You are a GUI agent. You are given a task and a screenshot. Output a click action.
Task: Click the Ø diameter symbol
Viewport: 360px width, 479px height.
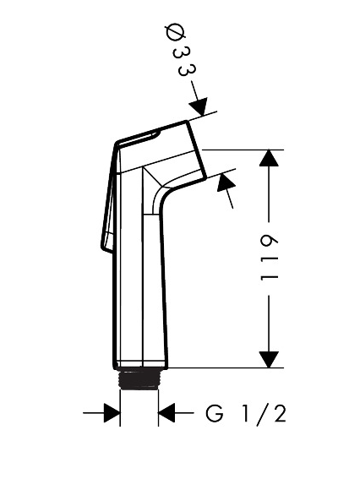(176, 33)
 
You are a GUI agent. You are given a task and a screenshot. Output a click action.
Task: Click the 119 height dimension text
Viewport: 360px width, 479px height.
(270, 258)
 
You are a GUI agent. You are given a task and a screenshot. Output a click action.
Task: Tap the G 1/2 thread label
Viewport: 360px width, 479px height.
(246, 414)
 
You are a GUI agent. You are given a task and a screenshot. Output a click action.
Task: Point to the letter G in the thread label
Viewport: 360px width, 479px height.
(215, 413)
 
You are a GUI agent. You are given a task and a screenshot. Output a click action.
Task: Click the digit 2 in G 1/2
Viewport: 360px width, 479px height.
(280, 413)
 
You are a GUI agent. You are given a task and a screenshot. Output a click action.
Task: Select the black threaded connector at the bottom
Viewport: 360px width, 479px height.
(139, 379)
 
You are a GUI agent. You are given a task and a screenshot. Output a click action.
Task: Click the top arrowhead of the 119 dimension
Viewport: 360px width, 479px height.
(269, 158)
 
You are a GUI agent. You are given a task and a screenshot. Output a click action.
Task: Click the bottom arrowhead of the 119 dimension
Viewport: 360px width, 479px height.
(269, 360)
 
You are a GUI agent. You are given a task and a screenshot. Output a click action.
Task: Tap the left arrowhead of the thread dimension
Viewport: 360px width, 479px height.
(112, 413)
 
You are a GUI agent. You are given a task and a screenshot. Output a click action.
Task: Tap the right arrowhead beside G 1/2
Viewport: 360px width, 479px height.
(166, 413)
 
